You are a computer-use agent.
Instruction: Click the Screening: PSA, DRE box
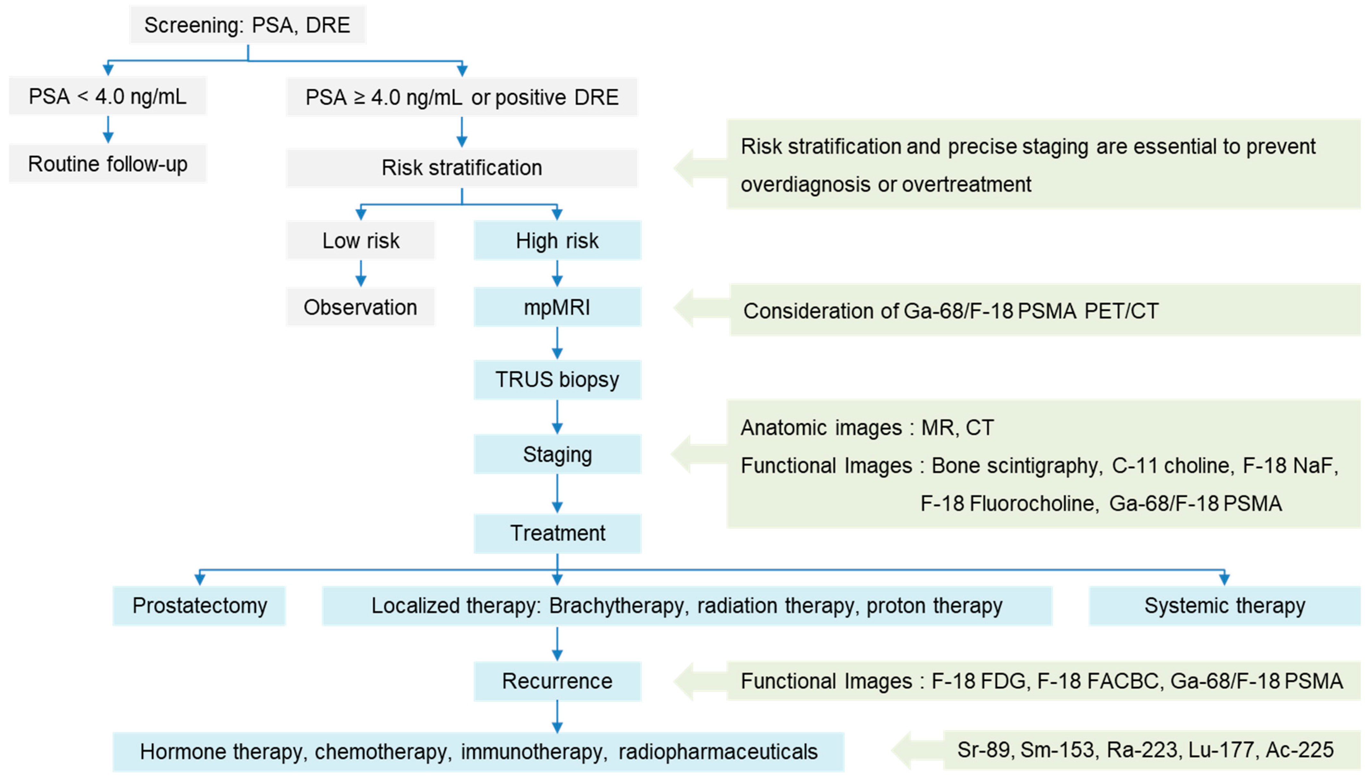click(248, 25)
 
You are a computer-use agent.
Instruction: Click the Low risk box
click(360, 241)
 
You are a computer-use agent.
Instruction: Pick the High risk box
click(557, 241)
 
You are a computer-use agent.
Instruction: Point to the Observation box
click(360, 307)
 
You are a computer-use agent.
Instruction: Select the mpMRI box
click(557, 307)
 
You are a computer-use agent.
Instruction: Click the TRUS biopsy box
click(557, 380)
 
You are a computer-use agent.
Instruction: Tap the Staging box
click(557, 455)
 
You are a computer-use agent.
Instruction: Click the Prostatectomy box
click(199, 606)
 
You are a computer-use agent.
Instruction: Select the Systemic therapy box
click(1224, 606)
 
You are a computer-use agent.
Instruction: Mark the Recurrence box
click(557, 681)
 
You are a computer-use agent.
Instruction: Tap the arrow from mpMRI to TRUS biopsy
click(557, 343)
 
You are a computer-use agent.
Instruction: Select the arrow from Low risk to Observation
click(360, 273)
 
